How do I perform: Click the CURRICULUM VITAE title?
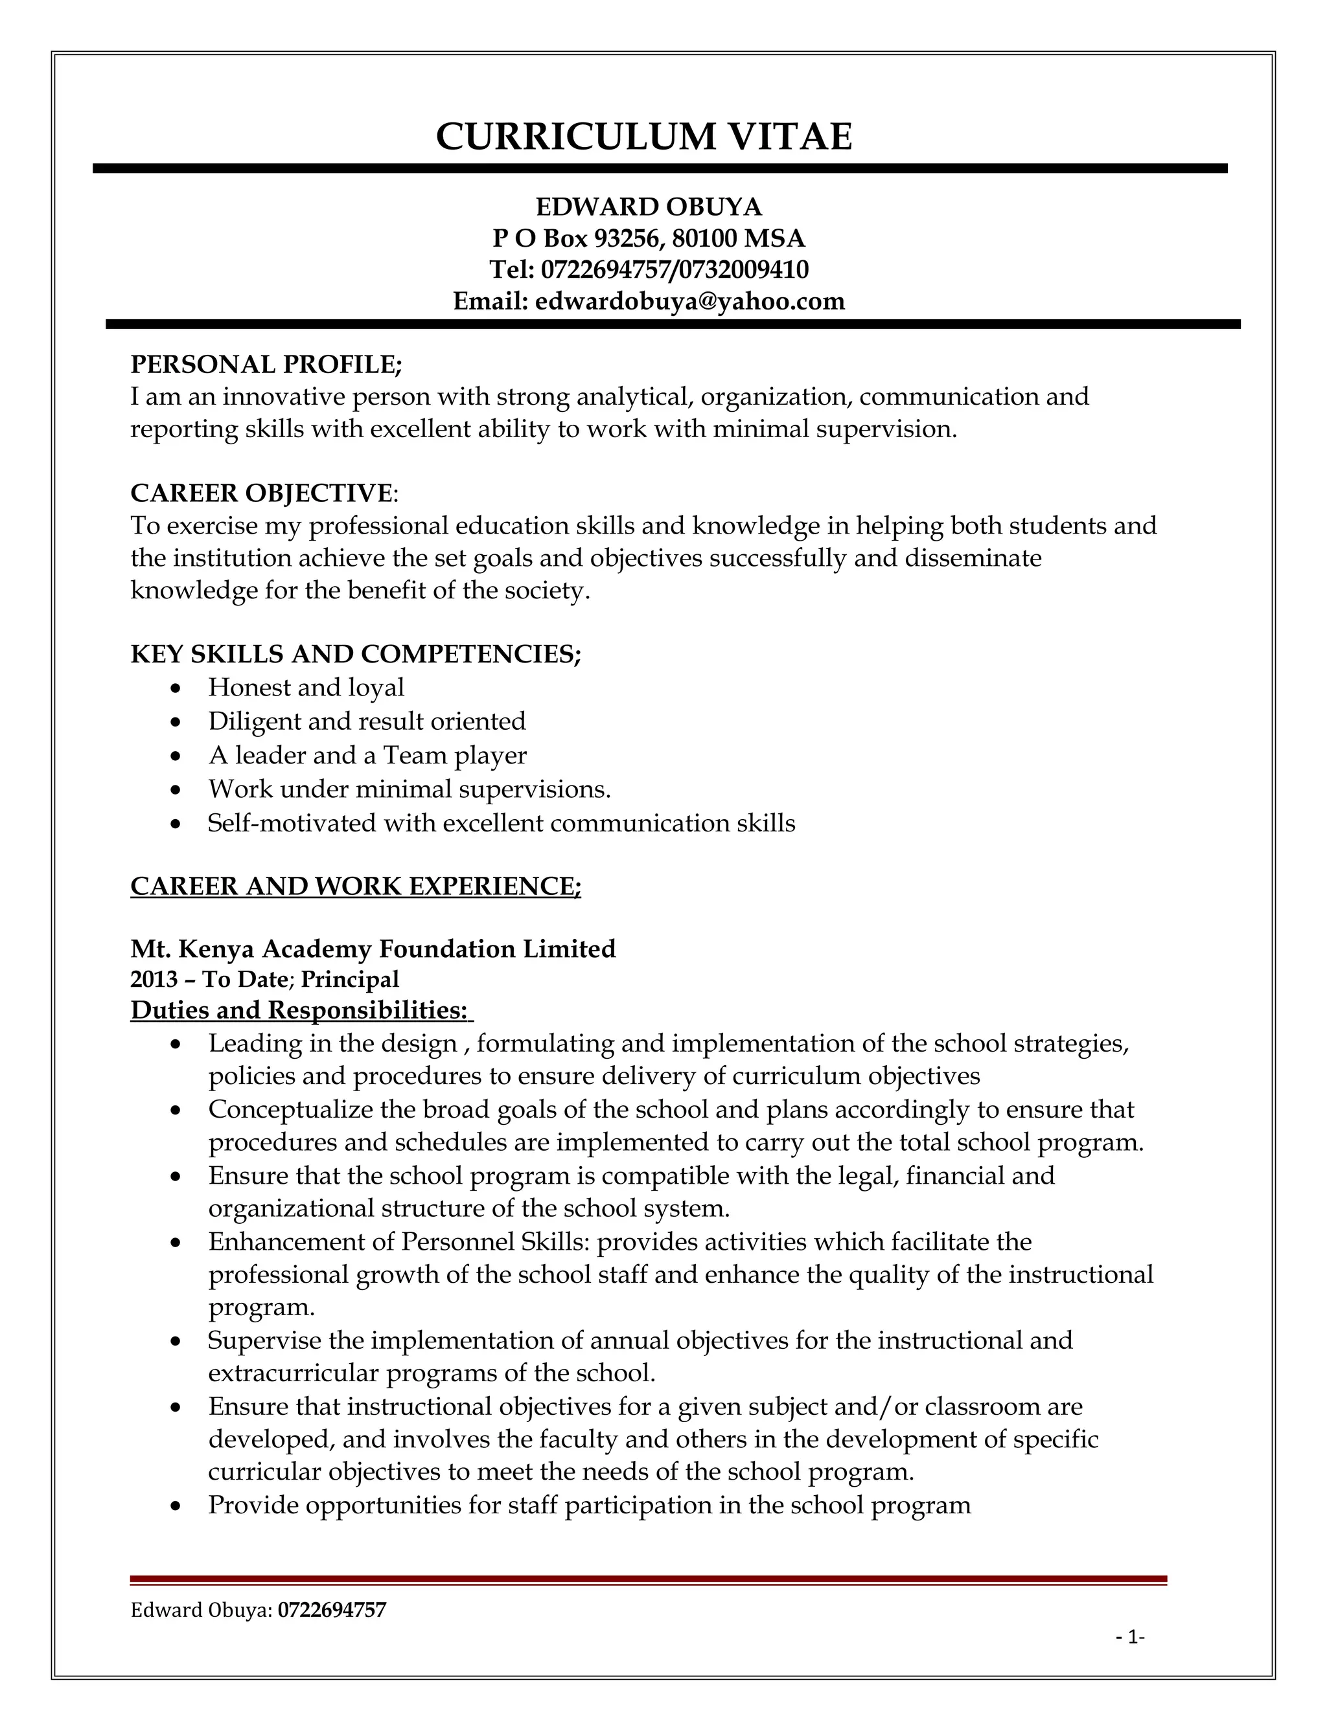[644, 137]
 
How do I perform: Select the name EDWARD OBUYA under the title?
[649, 207]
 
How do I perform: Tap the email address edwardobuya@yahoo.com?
[689, 301]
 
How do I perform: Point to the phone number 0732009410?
[743, 269]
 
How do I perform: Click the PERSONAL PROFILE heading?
[266, 365]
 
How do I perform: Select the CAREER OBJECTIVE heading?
[261, 493]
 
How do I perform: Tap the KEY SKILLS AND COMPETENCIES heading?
[355, 654]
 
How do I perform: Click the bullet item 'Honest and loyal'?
[306, 688]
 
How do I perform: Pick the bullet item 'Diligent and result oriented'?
[366, 721]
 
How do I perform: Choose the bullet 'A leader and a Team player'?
[367, 755]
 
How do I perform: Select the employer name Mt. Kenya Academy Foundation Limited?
[373, 949]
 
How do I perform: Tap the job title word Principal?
[350, 980]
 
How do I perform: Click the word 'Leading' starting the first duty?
[251, 1043]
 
